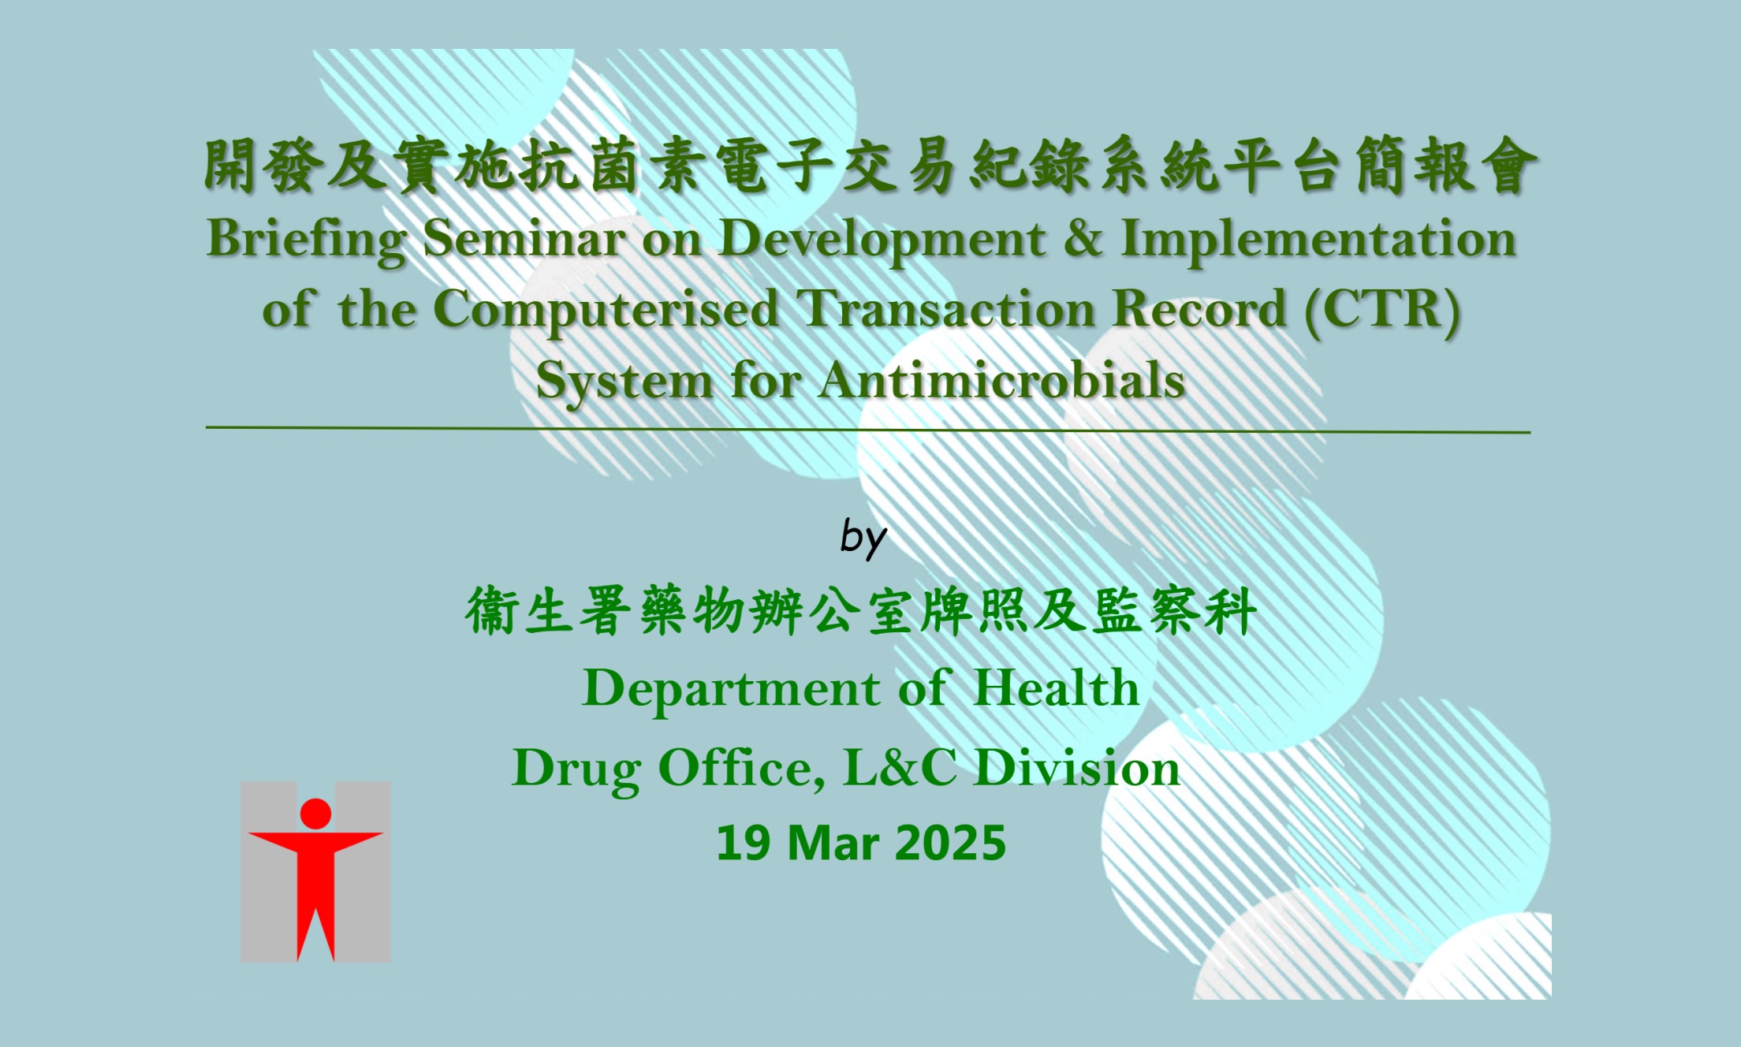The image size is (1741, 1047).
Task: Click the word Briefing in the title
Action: (306, 238)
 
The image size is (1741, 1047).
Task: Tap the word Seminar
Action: (524, 238)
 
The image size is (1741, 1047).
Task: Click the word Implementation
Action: (1318, 238)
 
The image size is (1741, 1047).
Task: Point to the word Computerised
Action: (606, 309)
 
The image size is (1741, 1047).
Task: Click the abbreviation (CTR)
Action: (1381, 309)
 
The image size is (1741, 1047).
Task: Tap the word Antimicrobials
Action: (1001, 381)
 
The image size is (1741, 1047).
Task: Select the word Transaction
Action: (945, 309)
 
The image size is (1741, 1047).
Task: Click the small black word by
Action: (863, 538)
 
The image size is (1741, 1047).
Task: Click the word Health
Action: (1057, 688)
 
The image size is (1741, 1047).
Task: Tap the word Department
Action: (731, 688)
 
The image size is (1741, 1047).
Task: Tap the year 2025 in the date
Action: (951, 843)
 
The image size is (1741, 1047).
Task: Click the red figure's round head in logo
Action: (315, 814)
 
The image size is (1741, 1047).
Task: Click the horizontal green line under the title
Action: (867, 430)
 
